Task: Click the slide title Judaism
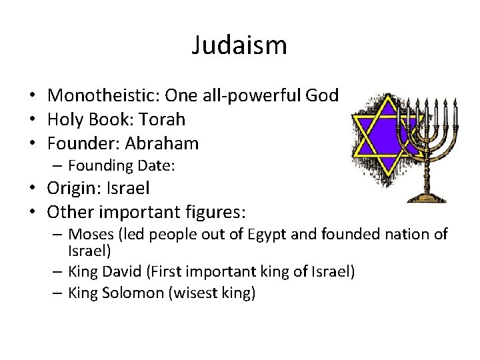(239, 45)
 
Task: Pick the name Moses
(91, 234)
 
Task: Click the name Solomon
(137, 293)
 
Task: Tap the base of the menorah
(427, 196)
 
